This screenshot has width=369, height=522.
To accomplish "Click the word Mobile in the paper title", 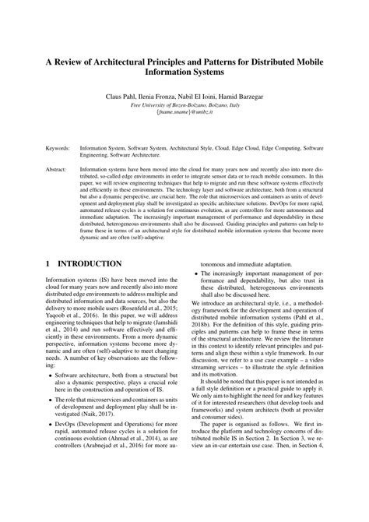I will coord(316,62).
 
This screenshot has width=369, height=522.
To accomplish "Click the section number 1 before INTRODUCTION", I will coord(48,264).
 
